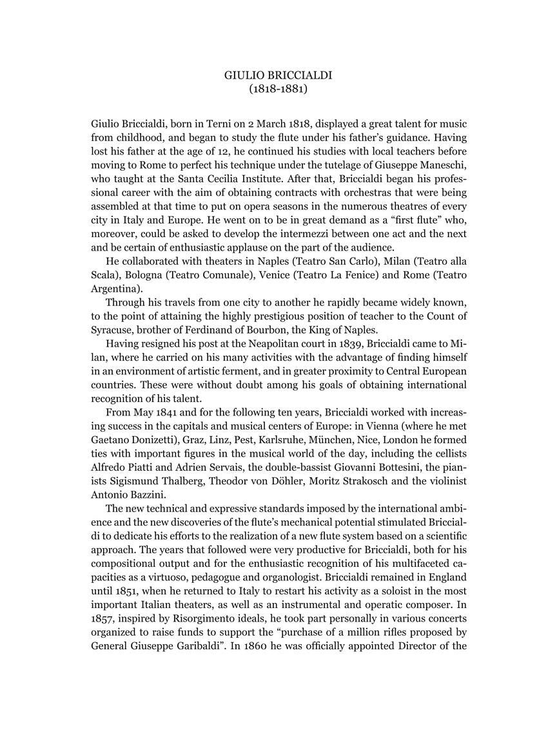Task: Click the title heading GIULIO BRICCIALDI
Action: tap(278, 75)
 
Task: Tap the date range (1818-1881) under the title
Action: tap(278, 89)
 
